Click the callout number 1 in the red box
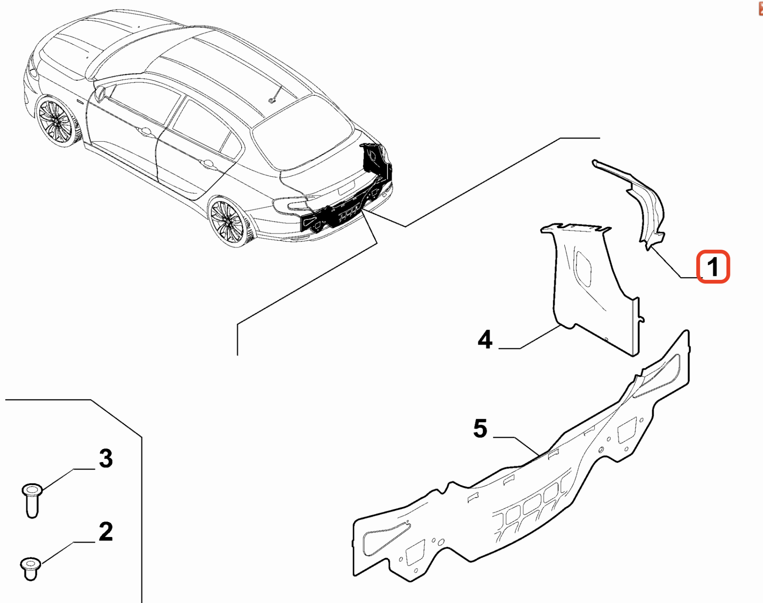713,266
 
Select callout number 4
485,339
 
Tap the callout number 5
480,428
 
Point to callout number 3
106,459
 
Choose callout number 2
106,532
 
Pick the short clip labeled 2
30,568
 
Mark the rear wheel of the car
227,221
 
